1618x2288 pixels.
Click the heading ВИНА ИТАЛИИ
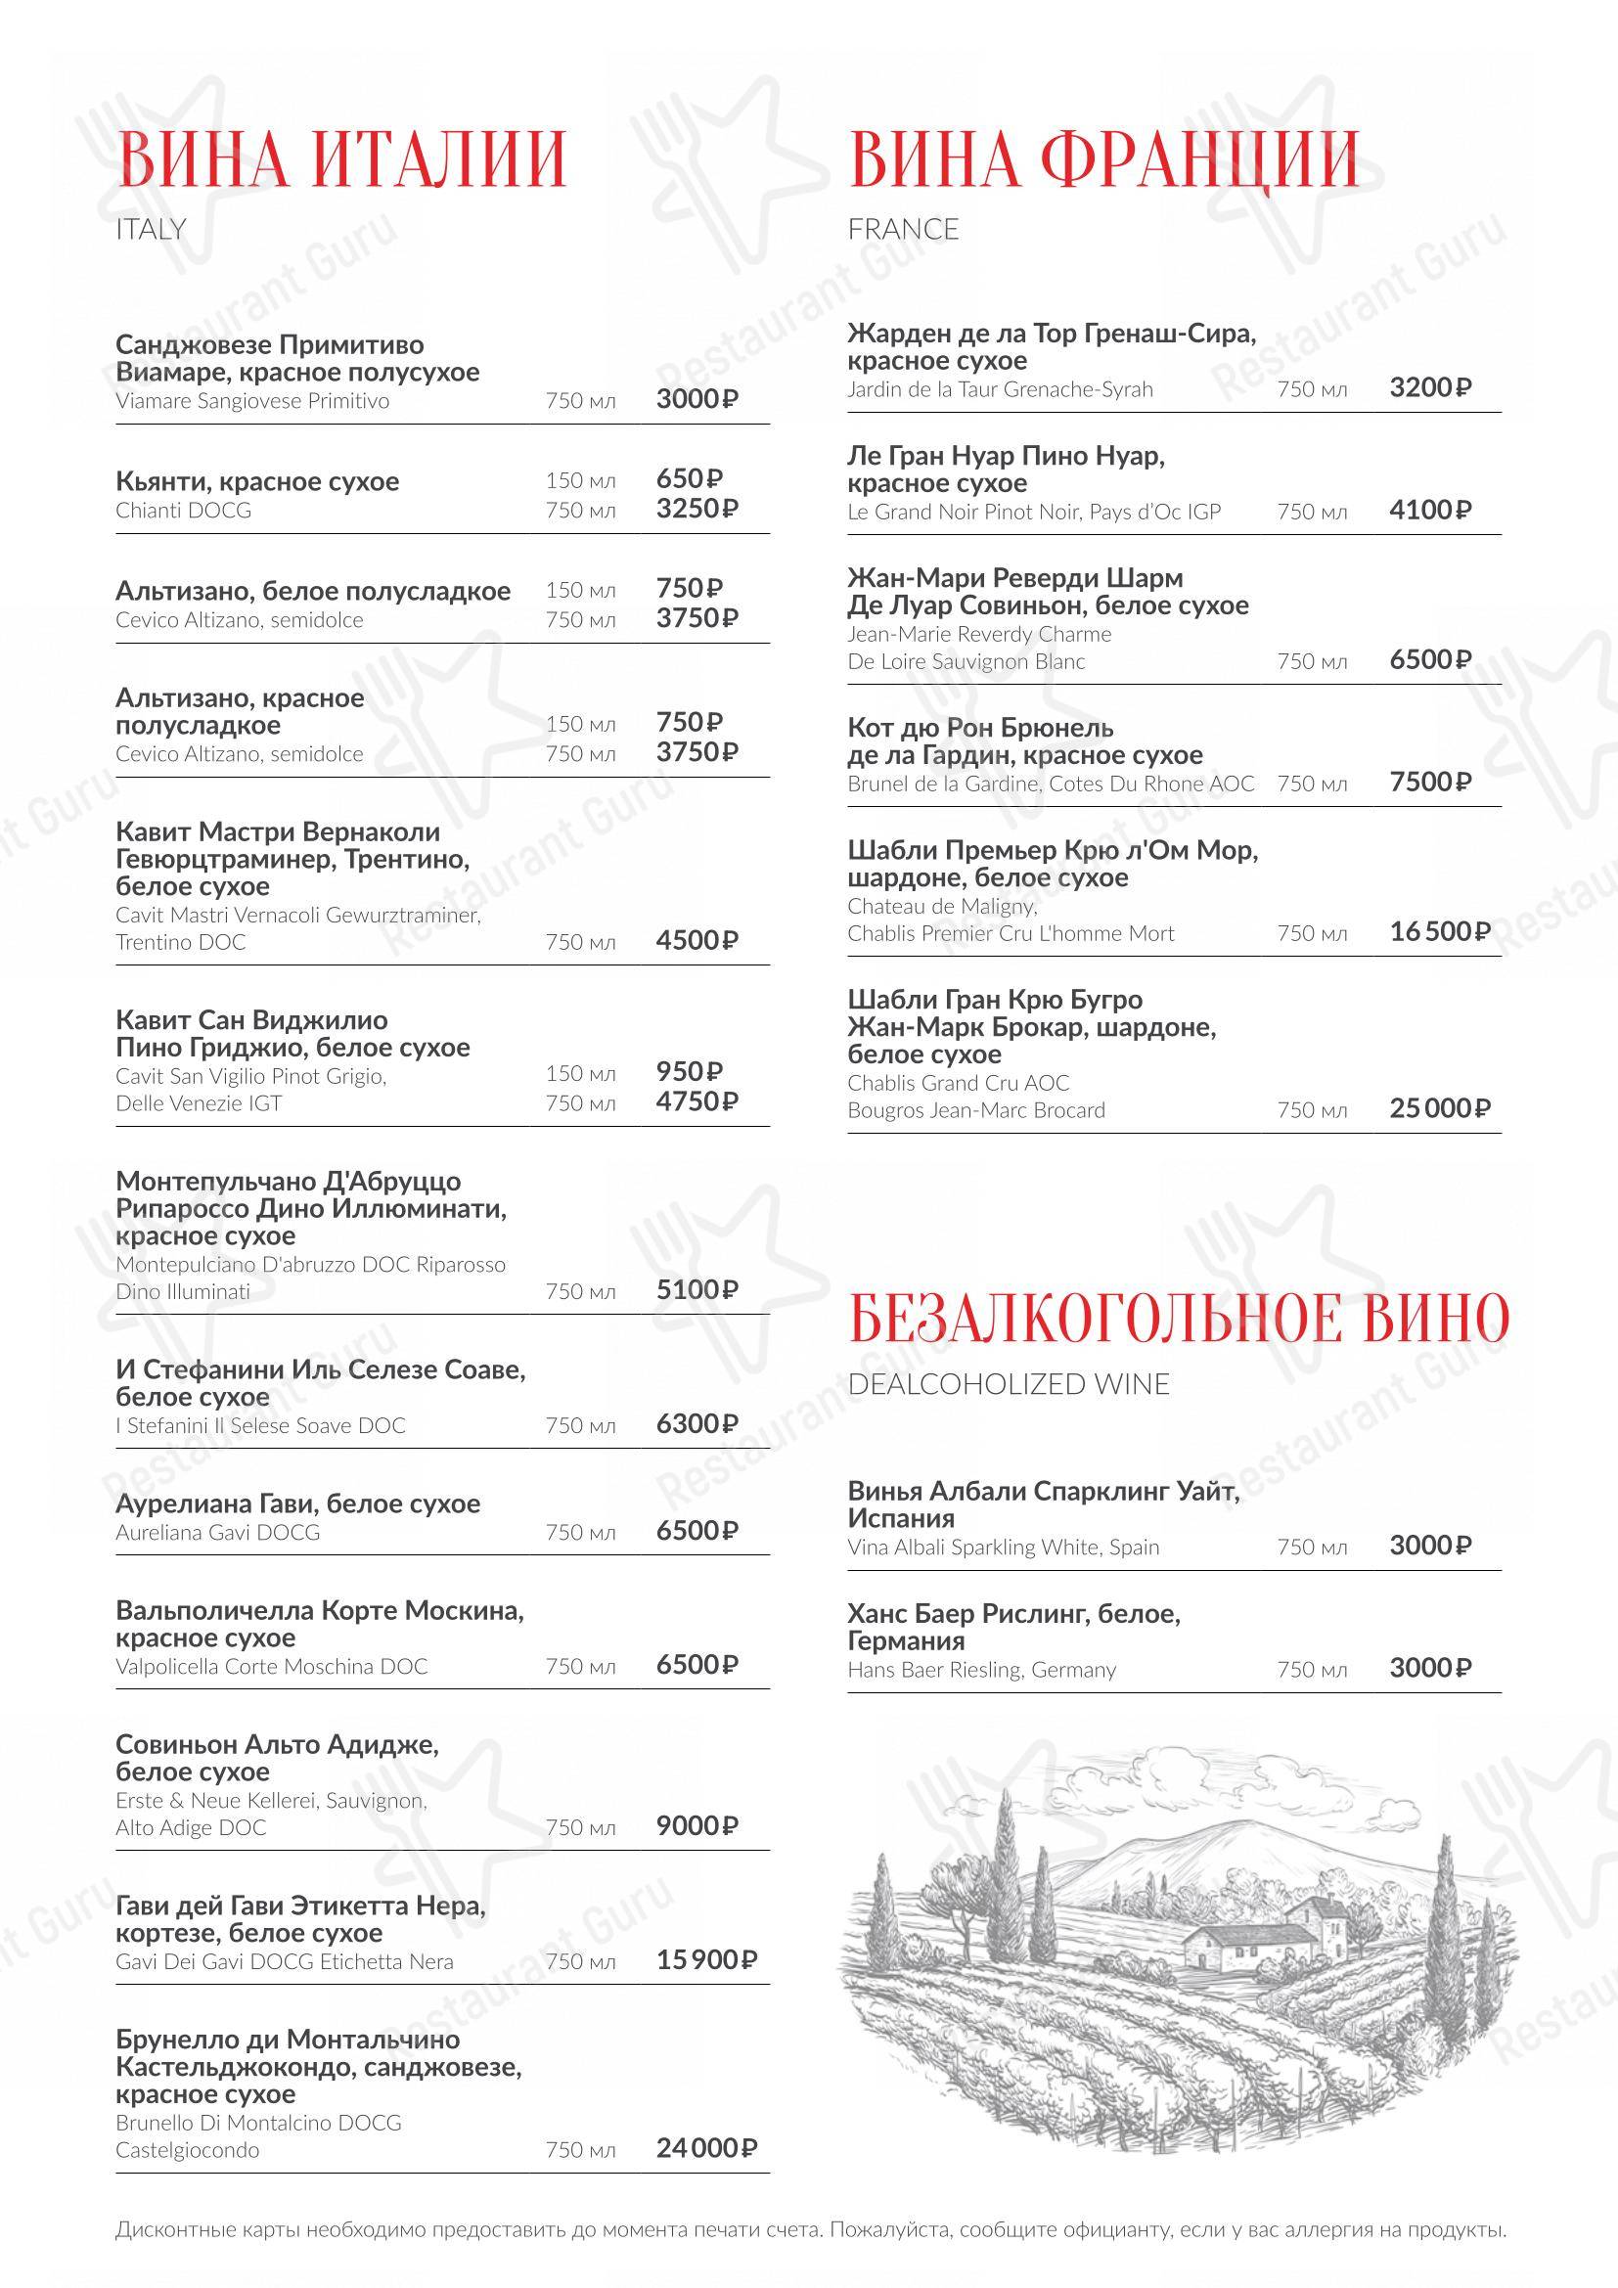click(341, 159)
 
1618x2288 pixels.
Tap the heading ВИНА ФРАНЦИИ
click(1102, 159)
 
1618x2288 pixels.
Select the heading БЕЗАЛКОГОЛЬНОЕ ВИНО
click(1179, 1318)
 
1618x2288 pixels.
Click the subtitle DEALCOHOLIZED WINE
click(1009, 1384)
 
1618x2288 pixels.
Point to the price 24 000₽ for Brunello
click(705, 2147)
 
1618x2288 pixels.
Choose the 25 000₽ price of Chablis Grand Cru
click(1439, 1108)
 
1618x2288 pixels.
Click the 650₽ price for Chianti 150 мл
click(690, 478)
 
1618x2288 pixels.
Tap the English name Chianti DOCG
click(183, 511)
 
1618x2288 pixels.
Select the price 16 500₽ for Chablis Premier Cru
click(1439, 932)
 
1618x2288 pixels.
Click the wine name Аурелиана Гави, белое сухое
click(298, 1503)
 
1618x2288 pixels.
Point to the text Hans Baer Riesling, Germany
click(981, 1669)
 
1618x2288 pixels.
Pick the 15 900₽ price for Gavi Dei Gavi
click(705, 1960)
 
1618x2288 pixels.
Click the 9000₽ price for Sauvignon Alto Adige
click(697, 1825)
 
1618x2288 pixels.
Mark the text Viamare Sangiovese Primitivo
click(252, 401)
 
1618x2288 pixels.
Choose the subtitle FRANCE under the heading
click(903, 229)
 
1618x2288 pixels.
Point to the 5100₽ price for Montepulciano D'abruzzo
click(697, 1289)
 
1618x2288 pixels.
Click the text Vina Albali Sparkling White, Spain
click(1004, 1548)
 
